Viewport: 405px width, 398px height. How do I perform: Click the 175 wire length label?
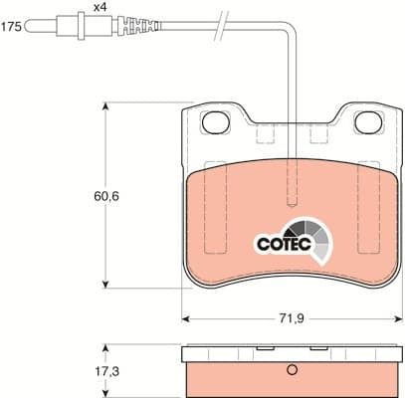(x=11, y=28)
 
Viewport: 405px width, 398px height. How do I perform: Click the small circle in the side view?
(x=292, y=373)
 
